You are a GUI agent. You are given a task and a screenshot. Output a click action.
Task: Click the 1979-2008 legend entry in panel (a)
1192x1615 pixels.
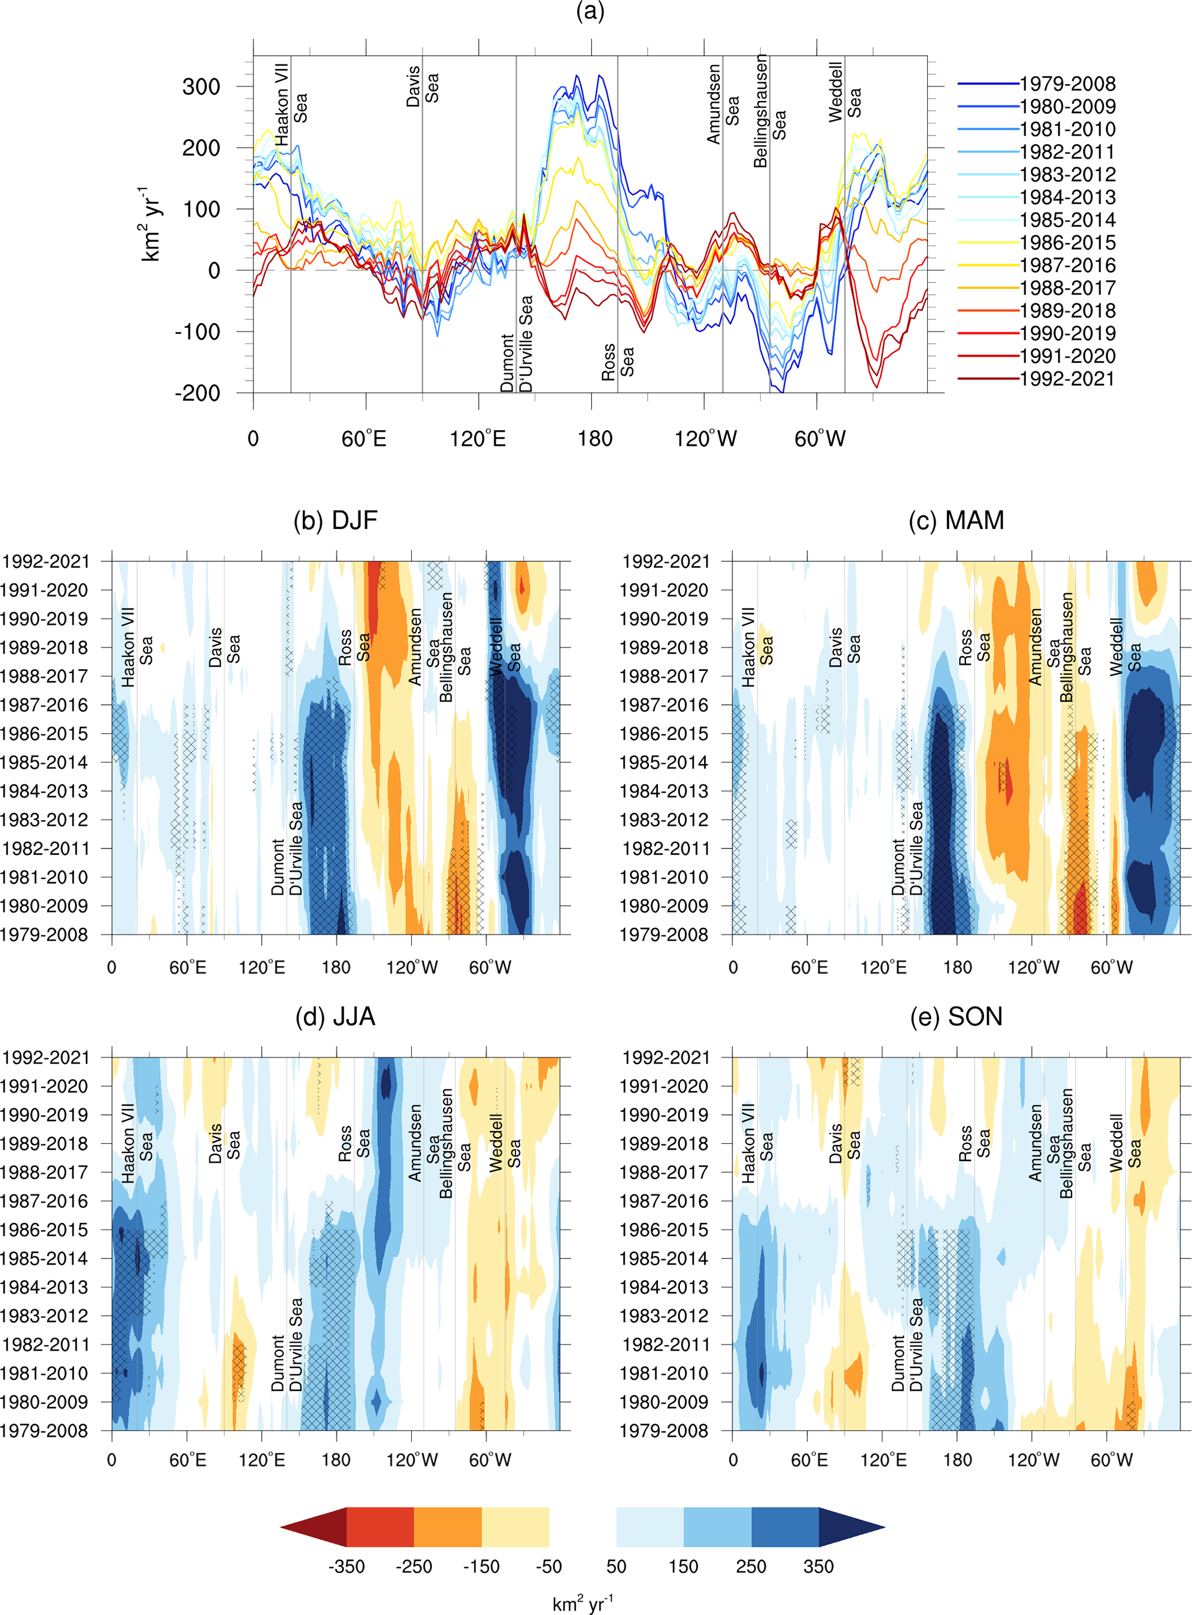pos(1066,84)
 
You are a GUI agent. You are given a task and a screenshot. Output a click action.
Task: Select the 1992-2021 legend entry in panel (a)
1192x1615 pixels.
pos(1066,379)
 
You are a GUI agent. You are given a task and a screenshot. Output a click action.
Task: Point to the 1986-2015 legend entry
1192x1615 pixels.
pos(1066,242)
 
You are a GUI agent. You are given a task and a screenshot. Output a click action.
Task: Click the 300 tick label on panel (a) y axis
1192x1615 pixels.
pos(201,87)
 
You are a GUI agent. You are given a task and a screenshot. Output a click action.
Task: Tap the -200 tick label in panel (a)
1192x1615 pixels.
pos(198,393)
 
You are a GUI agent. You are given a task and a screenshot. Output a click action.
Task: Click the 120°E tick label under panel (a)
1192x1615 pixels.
pos(477,439)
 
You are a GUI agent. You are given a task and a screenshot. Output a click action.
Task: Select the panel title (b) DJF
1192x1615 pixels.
pos(336,520)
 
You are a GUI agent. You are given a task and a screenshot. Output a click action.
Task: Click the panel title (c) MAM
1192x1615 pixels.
pos(956,520)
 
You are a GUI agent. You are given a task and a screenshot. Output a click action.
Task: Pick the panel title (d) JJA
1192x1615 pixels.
pos(336,1017)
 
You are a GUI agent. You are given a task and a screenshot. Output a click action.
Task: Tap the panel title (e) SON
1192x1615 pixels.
pos(956,1017)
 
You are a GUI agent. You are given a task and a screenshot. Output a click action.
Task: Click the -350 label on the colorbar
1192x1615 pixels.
pos(347,1567)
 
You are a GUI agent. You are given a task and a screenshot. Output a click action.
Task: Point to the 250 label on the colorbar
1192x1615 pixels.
pos(751,1567)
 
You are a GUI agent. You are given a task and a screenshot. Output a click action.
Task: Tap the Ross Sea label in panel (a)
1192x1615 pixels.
pos(618,362)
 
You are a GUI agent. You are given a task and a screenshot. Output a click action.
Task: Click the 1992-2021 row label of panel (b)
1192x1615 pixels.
pos(46,561)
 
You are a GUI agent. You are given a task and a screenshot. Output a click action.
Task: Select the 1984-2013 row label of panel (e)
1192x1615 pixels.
pos(665,1287)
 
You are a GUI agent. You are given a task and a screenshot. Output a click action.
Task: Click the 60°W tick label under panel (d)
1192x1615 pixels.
pos(490,1460)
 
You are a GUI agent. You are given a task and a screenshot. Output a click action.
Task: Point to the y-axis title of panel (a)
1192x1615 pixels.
pos(152,224)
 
